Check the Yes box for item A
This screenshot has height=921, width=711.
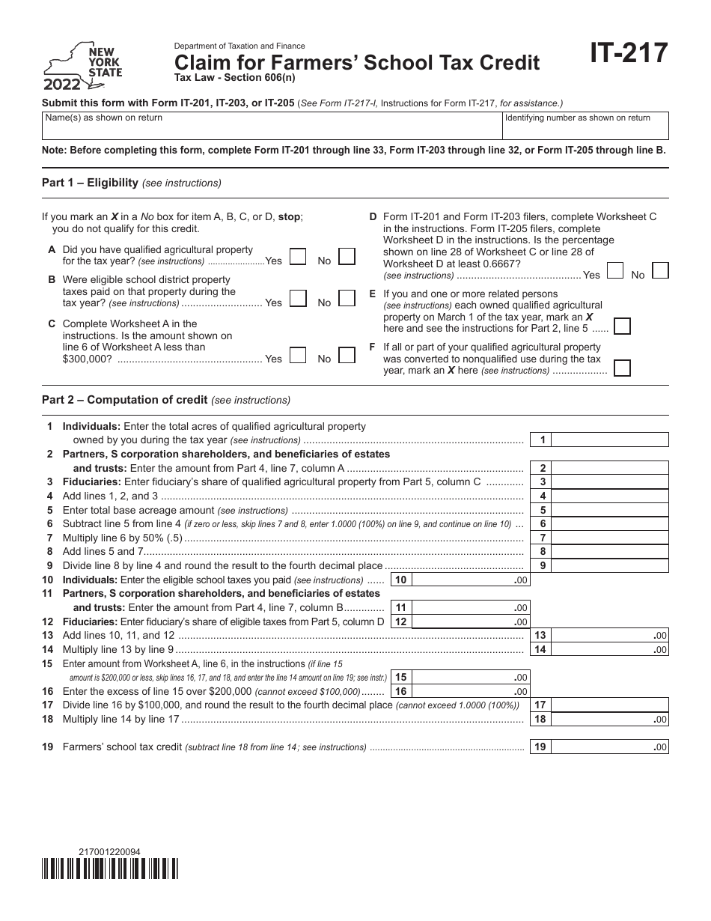coord(297,257)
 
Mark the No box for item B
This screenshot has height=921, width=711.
coord(346,298)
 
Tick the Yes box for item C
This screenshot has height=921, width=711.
coord(297,355)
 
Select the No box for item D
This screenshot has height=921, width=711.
coord(660,270)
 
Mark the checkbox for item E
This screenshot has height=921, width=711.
coord(621,326)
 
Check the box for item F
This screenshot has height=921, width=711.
coord(621,368)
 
